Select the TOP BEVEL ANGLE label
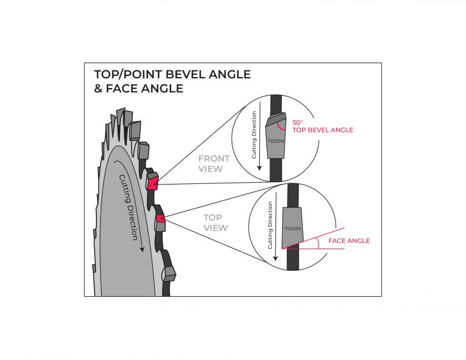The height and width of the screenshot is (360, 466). (x=322, y=130)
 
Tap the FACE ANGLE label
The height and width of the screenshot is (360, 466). (x=349, y=241)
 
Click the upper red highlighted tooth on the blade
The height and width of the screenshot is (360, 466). (x=152, y=182)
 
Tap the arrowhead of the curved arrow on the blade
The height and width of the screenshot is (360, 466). (x=142, y=248)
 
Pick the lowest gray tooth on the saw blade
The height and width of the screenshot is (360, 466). (x=168, y=273)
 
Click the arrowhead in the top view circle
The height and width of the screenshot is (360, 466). (x=276, y=258)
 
